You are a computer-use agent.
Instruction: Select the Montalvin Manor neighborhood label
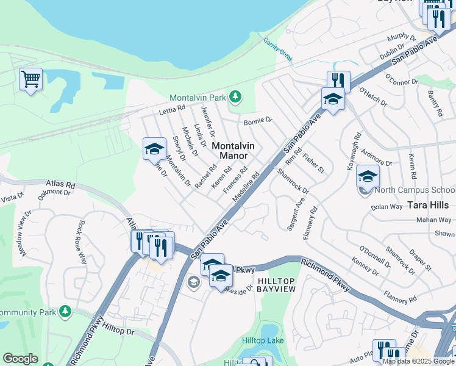(x=233, y=151)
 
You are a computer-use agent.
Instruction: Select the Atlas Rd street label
(x=60, y=183)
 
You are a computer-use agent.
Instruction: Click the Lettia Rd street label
(x=171, y=110)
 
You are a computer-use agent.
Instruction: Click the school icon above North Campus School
(x=368, y=177)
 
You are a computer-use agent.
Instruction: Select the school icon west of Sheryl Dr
(x=154, y=149)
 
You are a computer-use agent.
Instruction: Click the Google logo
(x=20, y=359)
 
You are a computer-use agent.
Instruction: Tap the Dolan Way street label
(x=387, y=207)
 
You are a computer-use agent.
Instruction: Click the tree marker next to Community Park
(x=65, y=312)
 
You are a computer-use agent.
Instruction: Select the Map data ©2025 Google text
(x=418, y=361)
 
